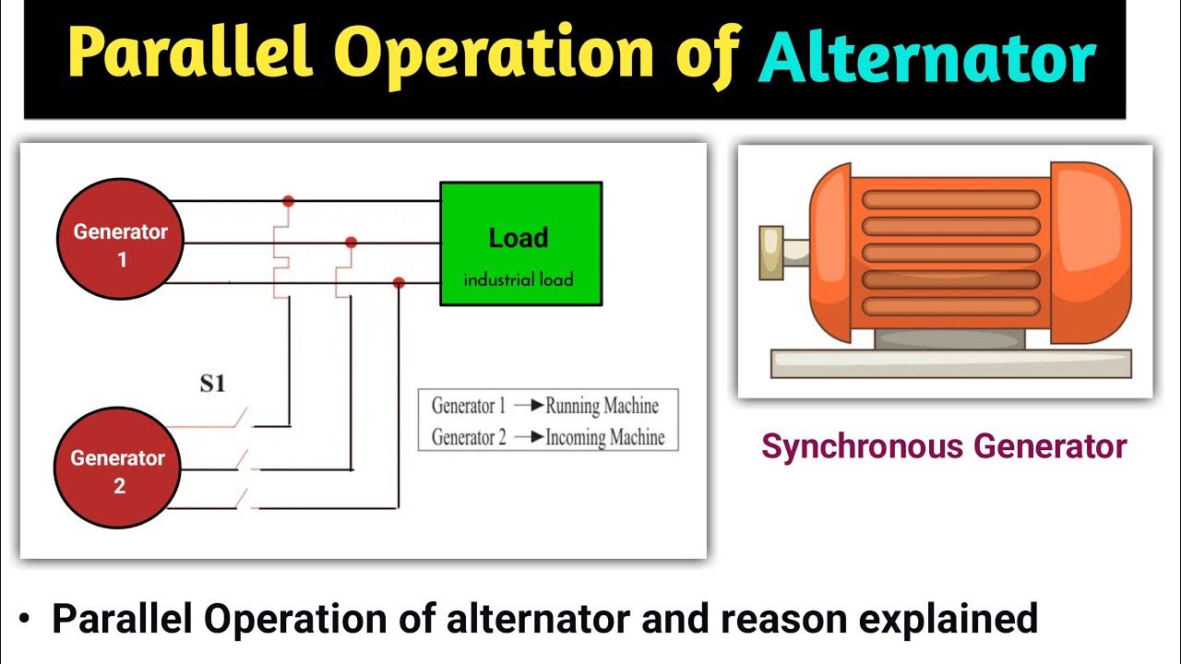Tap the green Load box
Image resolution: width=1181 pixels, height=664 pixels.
tap(520, 243)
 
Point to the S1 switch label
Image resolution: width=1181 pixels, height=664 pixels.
tap(213, 383)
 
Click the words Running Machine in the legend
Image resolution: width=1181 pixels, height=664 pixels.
tap(602, 406)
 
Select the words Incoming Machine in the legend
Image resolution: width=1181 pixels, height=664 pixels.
tap(604, 437)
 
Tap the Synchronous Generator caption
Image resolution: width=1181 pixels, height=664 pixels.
tap(944, 447)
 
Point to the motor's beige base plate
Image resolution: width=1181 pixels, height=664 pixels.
tap(950, 363)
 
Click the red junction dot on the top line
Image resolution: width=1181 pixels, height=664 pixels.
tap(288, 200)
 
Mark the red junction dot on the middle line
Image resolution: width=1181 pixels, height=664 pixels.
tap(351, 243)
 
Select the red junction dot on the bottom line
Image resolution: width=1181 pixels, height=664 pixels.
tap(399, 282)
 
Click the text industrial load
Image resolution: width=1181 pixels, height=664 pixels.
tap(519, 279)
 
